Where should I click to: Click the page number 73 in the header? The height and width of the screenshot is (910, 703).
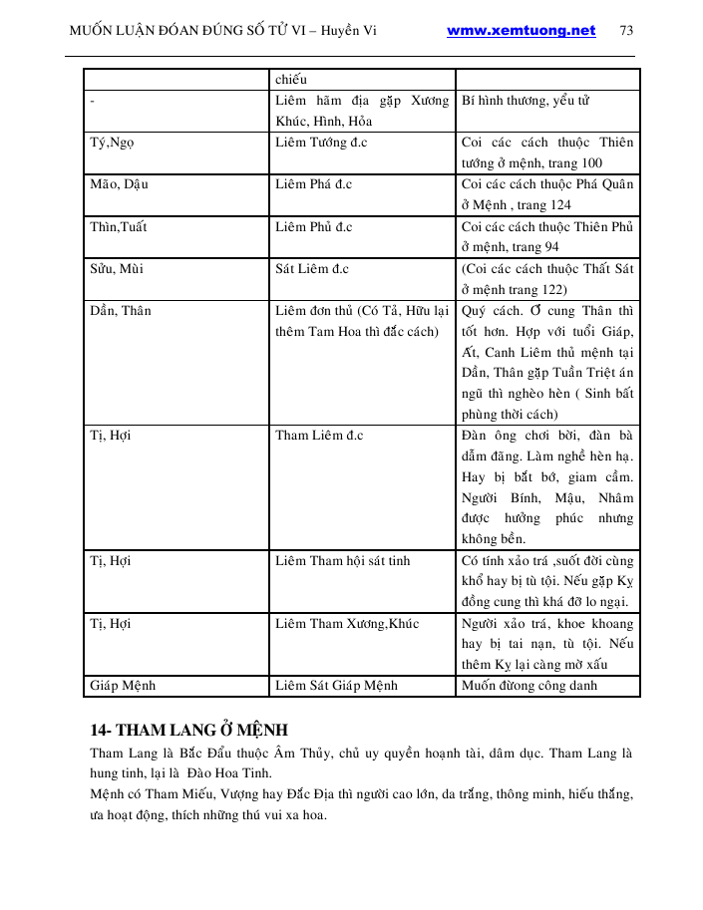pos(626,30)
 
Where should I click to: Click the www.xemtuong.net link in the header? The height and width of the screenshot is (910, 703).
pos(521,30)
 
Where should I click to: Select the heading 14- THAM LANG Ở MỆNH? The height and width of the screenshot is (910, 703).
pos(188,729)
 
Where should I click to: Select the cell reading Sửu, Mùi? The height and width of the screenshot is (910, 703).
pos(116,268)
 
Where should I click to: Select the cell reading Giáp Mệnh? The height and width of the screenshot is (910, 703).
pos(123,686)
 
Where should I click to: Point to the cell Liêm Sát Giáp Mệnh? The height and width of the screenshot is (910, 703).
pos(336,686)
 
